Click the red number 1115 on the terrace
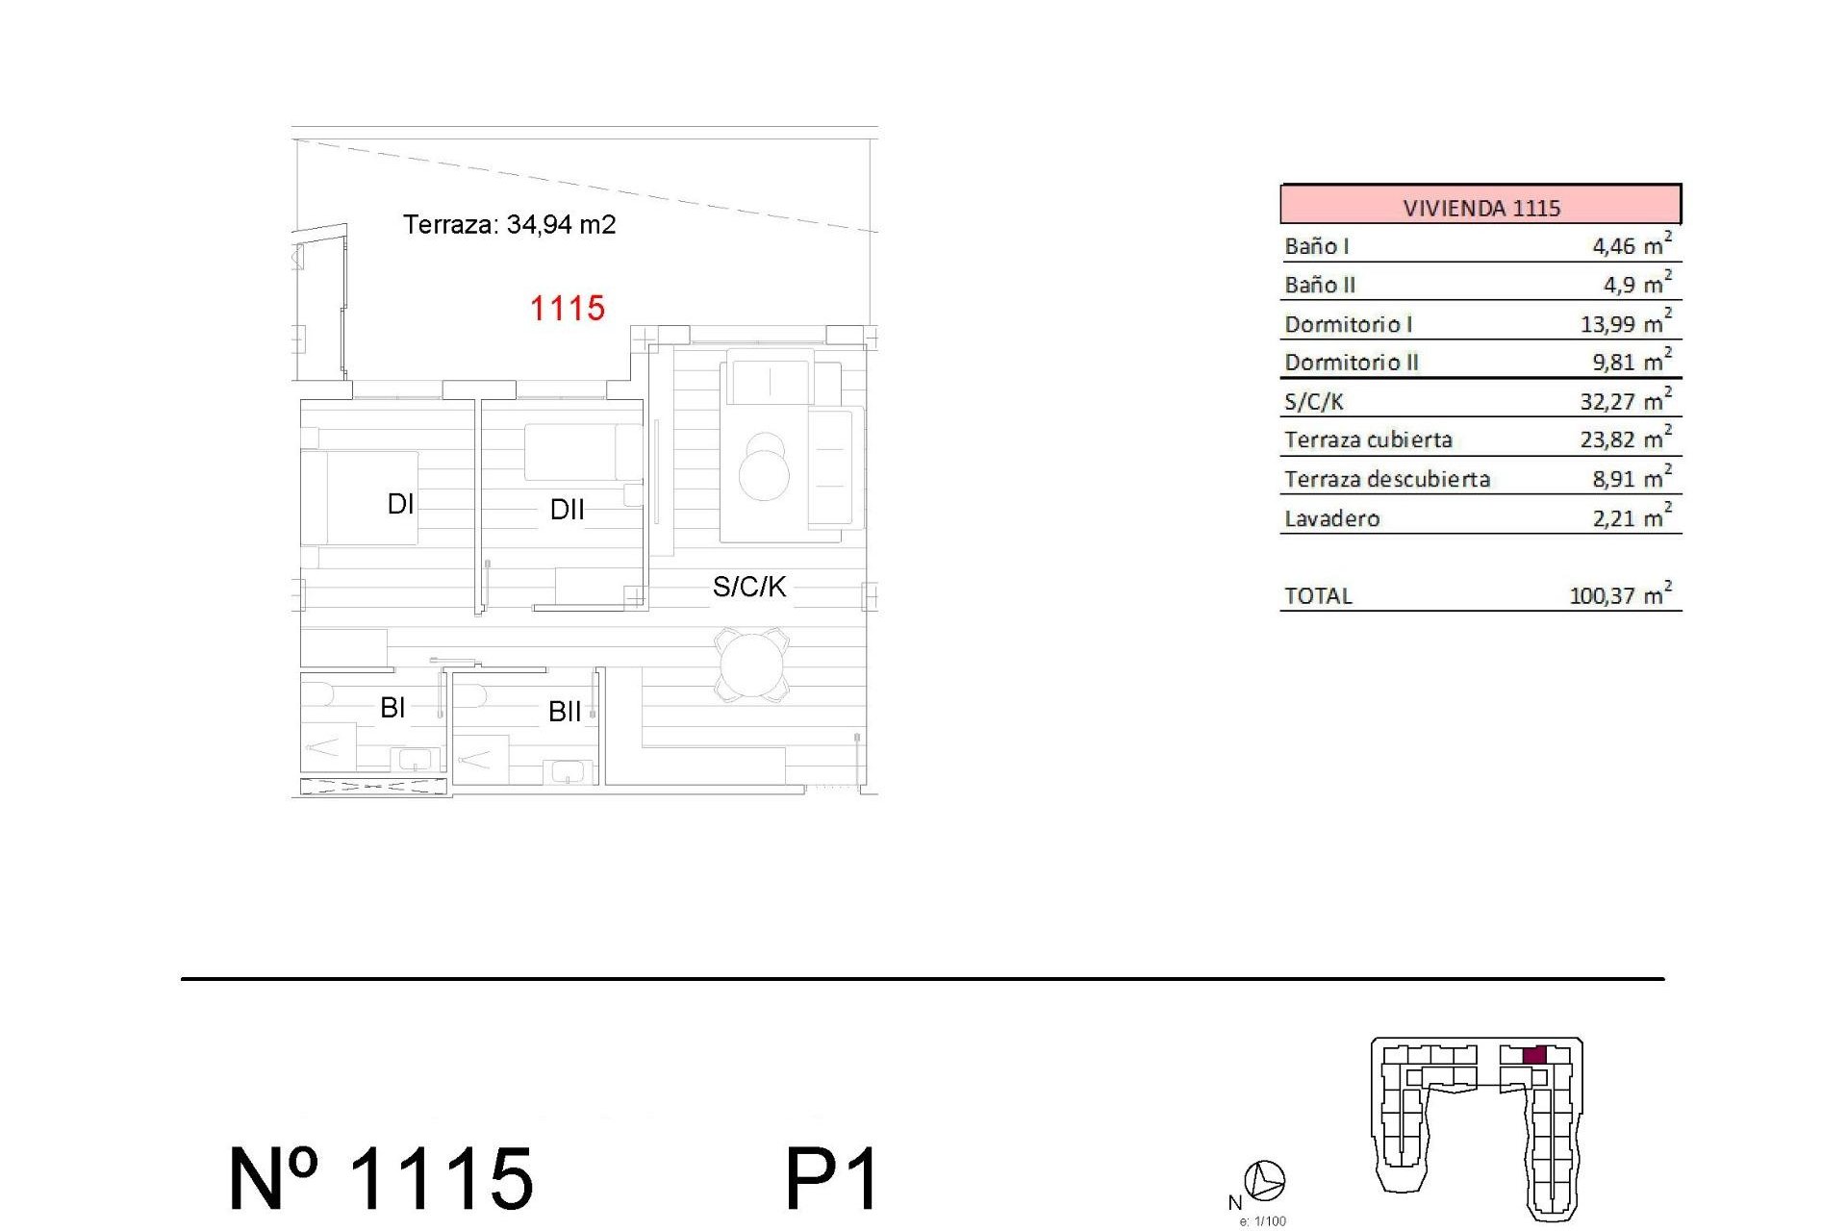click(x=568, y=309)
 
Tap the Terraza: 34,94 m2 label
click(x=509, y=224)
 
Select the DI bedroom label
click(x=400, y=504)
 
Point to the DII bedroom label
click(x=567, y=510)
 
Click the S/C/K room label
click(x=748, y=587)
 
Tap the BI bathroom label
click(x=392, y=708)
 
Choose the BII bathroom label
click(x=565, y=712)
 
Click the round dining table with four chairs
click(x=751, y=665)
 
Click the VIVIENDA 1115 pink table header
click(x=1480, y=207)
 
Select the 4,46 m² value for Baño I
click(x=1631, y=245)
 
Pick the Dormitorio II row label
click(x=1352, y=363)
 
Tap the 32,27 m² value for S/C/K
click(x=1625, y=401)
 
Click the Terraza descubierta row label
click(x=1387, y=479)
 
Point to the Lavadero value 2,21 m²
click(x=1631, y=518)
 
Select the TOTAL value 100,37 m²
click(x=1620, y=595)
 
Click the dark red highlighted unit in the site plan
click(x=1534, y=1055)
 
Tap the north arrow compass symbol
click(x=1264, y=1180)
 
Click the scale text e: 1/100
click(x=1262, y=1221)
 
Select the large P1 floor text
click(x=832, y=1179)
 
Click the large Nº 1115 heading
click(x=381, y=1179)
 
